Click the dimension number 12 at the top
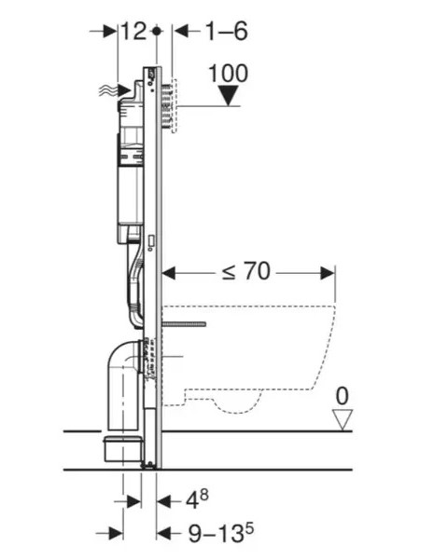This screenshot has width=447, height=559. (x=133, y=31)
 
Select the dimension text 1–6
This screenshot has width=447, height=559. (x=227, y=31)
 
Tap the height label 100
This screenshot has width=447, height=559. (x=228, y=74)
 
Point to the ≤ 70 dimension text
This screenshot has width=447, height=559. (x=246, y=272)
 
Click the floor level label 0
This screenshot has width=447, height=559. (x=342, y=396)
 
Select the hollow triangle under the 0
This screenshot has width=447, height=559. (x=342, y=419)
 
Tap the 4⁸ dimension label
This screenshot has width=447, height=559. (x=197, y=499)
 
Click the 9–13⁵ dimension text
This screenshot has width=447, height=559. (x=220, y=533)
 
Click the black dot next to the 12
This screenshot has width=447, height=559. (x=157, y=31)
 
